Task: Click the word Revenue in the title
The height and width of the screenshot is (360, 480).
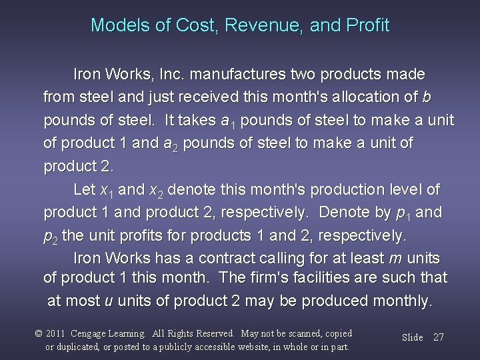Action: click(253, 25)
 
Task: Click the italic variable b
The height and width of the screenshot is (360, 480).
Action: click(427, 97)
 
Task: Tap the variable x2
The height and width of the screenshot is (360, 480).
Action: click(159, 191)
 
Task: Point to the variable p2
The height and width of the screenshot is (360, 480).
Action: click(51, 236)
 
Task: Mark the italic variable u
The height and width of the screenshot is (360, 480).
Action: click(109, 301)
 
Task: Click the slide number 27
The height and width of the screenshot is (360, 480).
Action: click(438, 337)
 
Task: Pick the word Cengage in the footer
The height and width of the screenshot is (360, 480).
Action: click(101, 333)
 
